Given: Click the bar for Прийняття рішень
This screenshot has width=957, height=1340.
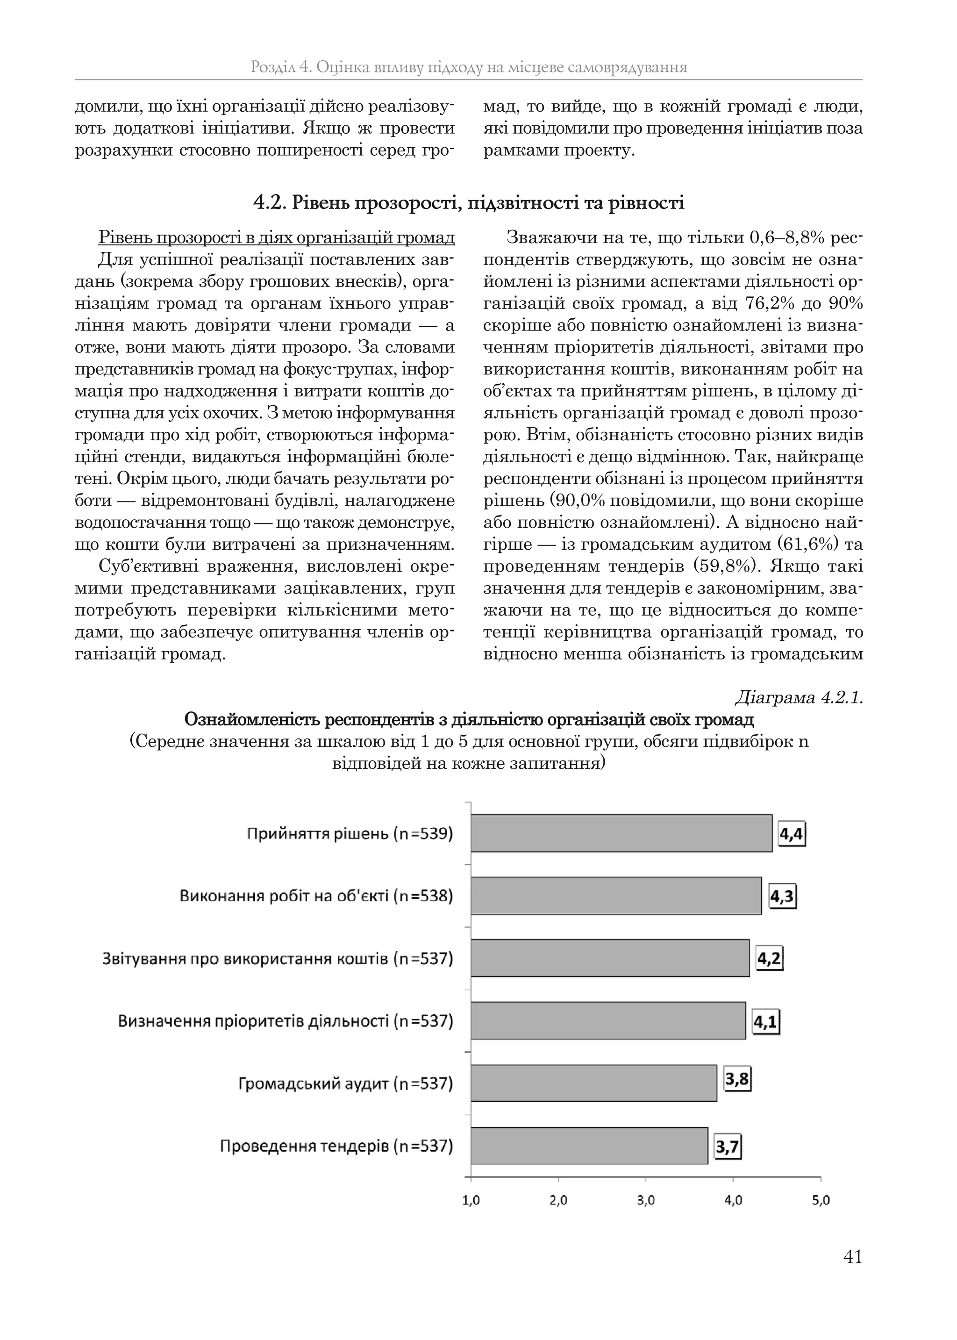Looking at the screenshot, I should click(621, 833).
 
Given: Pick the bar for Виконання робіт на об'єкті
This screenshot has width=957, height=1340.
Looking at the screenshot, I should click(616, 896).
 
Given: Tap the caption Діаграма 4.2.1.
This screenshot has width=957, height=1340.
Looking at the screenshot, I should click(799, 698).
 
